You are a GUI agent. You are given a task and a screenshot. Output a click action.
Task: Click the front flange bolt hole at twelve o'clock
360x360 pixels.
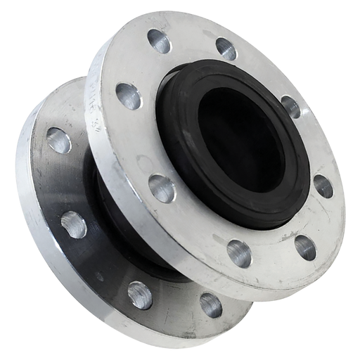[x=226, y=48]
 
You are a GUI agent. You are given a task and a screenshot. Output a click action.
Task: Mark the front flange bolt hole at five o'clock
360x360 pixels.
[x=304, y=245]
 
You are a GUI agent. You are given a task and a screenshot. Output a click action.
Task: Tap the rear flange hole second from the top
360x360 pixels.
[x=72, y=225]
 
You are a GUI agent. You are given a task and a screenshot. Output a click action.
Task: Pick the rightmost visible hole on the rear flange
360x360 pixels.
[x=210, y=304]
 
